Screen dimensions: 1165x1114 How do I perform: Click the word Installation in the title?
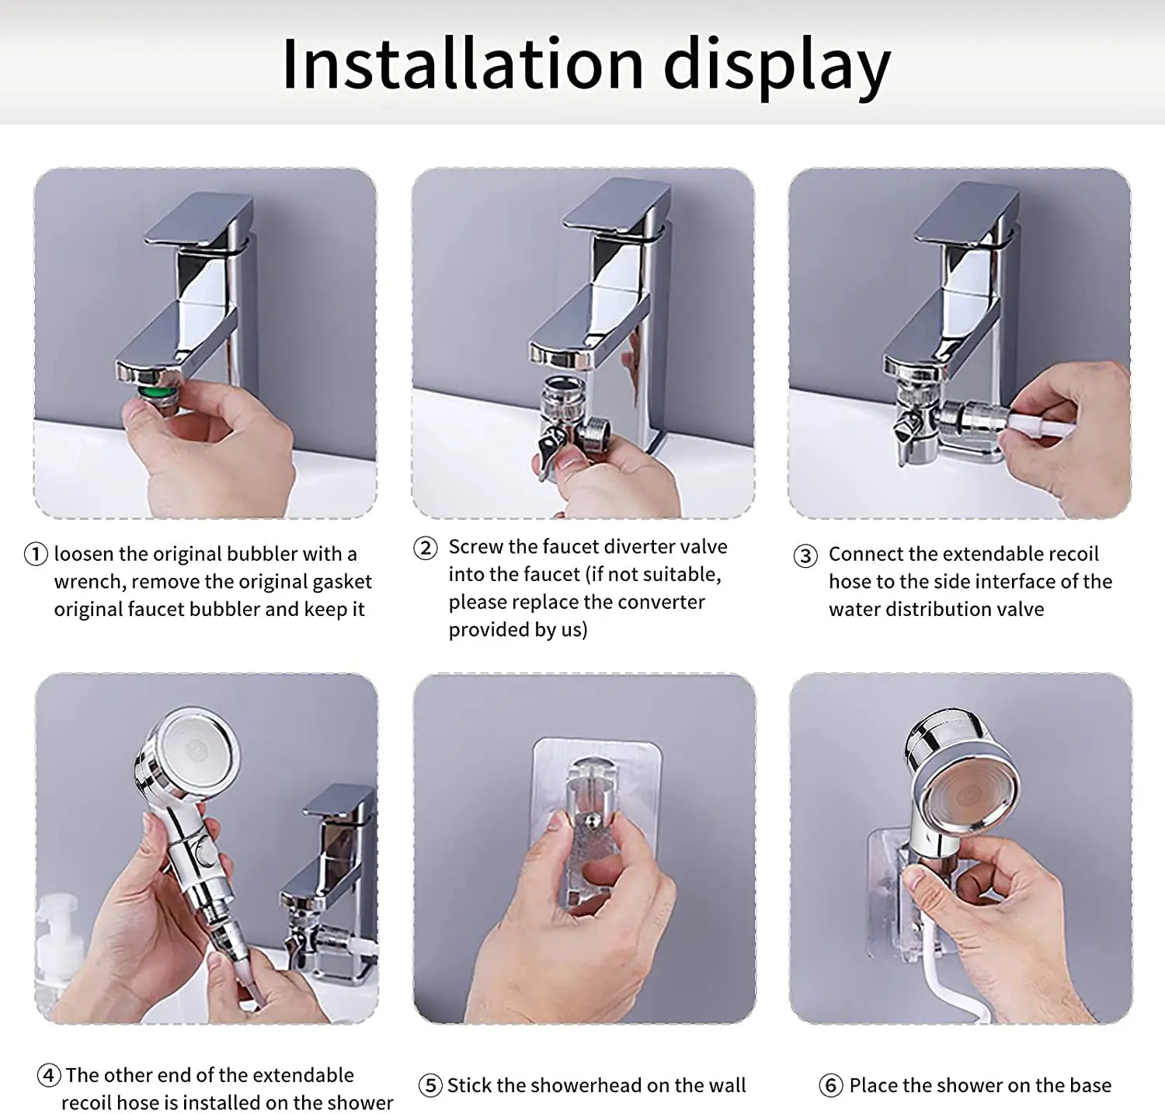463,64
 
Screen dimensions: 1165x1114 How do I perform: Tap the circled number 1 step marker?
36,554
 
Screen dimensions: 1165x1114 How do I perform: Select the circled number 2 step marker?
425,548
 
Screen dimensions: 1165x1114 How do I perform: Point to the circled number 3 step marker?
805,555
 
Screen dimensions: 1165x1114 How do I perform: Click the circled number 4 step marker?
49,1075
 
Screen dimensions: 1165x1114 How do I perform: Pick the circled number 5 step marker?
430,1085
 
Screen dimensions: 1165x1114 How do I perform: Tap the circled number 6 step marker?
831,1085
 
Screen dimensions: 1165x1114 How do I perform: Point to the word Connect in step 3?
864,554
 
